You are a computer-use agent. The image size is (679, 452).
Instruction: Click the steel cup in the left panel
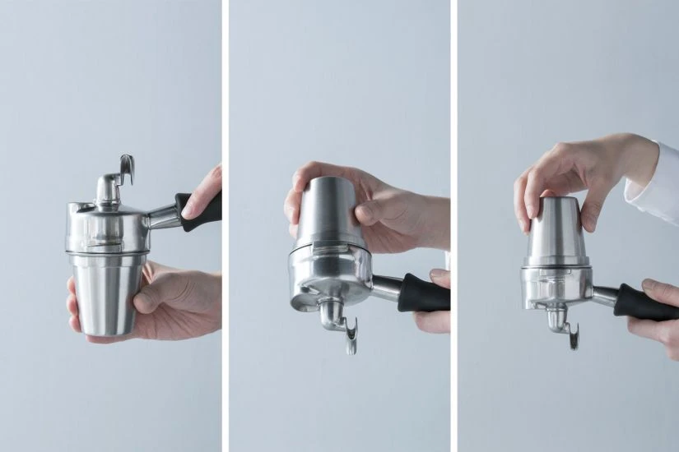[x=103, y=292]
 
